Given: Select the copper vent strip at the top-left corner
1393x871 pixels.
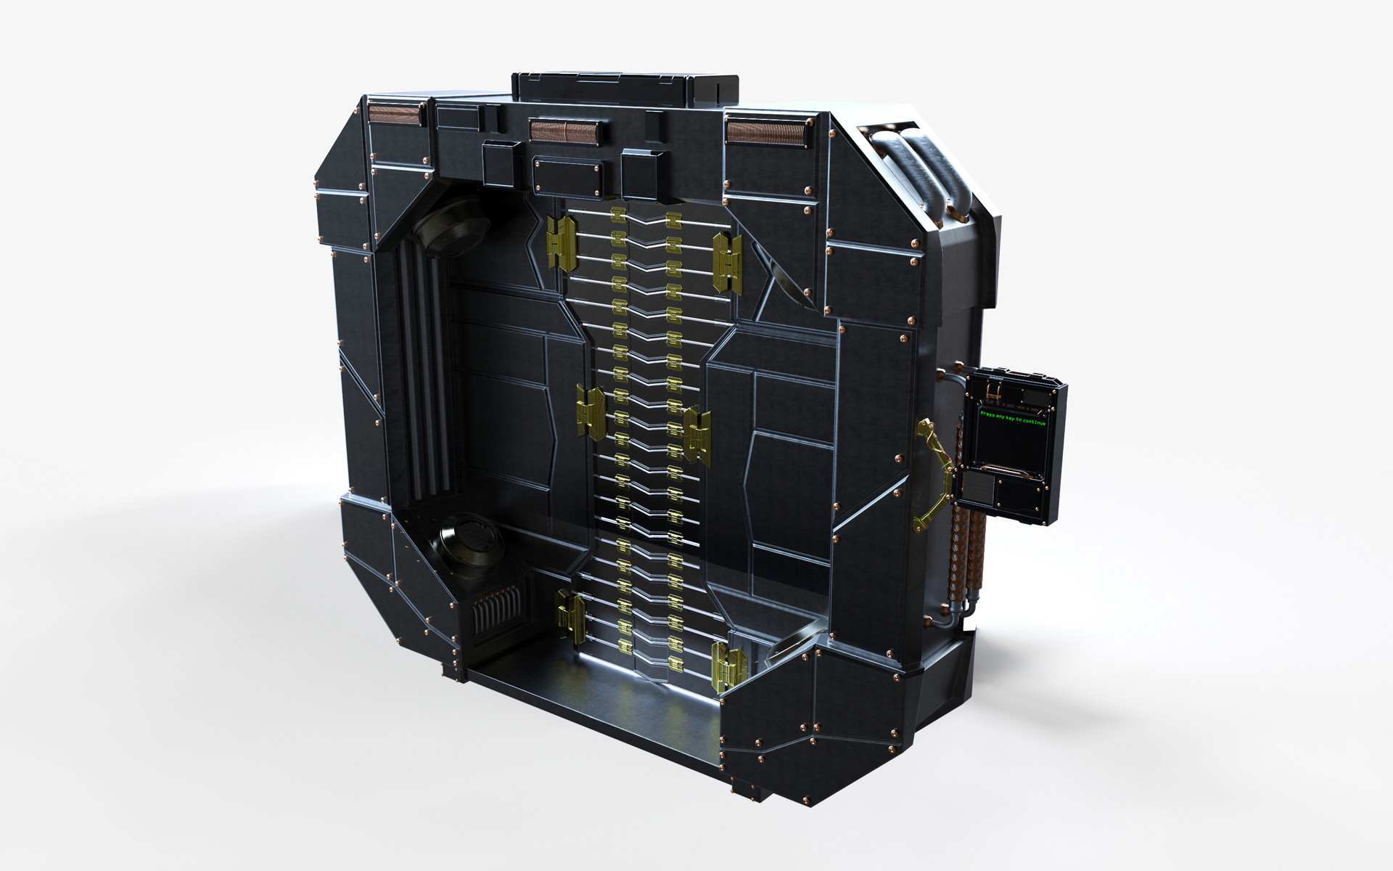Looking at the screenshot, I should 395,115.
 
